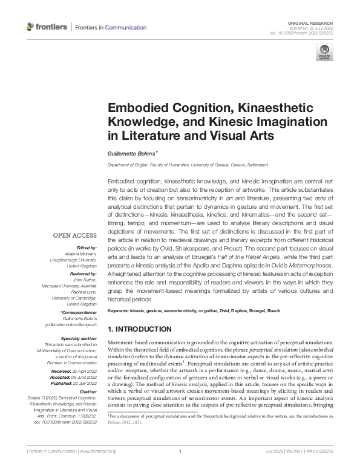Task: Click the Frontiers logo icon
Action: coord(31,27)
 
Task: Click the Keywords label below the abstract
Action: coord(120,311)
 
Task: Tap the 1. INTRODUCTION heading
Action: coord(139,329)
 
